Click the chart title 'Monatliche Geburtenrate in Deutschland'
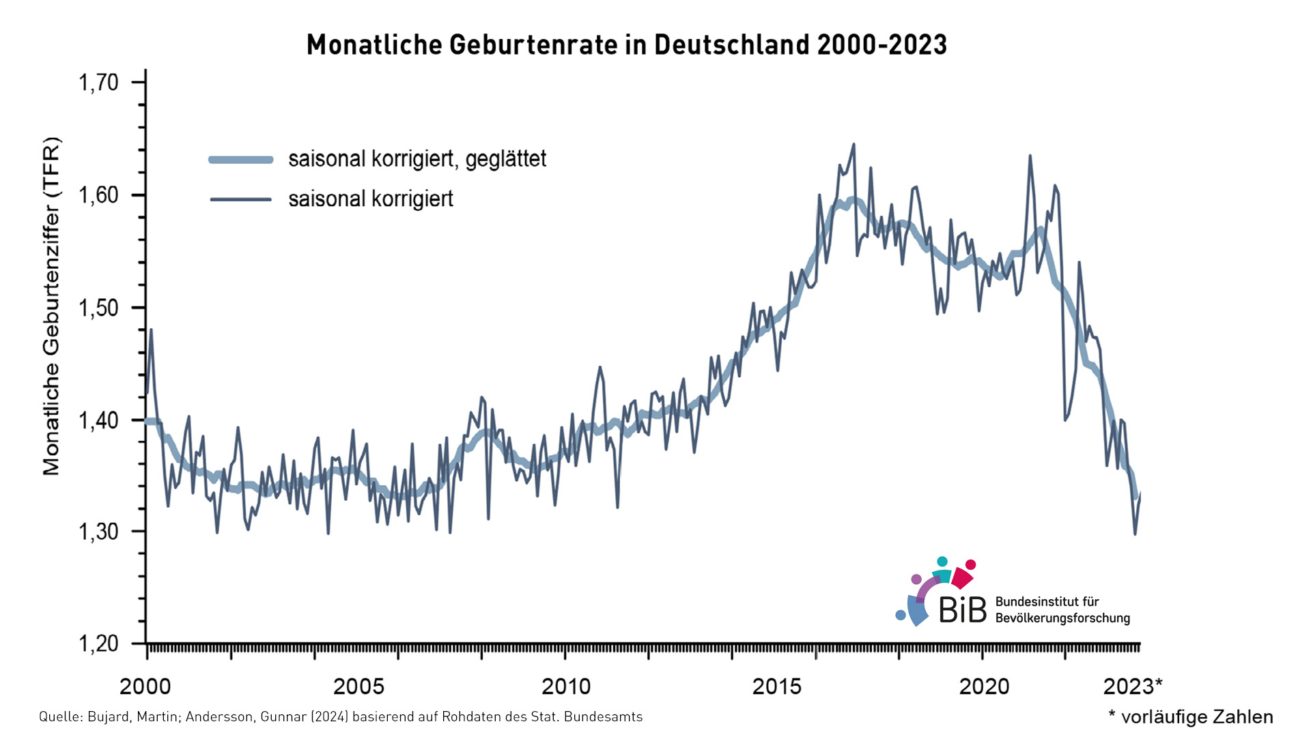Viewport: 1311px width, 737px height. [626, 45]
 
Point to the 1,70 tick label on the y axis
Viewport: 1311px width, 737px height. [99, 83]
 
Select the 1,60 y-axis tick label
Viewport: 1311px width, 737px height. [99, 195]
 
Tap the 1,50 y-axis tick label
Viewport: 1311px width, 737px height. [99, 308]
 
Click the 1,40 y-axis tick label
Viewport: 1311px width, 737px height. [99, 420]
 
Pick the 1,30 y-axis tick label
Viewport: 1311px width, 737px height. [99, 532]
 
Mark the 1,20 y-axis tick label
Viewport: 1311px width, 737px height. [99, 644]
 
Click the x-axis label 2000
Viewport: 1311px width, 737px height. [145, 687]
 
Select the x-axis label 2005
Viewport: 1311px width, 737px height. [359, 687]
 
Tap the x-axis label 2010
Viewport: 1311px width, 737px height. [566, 687]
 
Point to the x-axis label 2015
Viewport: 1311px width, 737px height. [776, 687]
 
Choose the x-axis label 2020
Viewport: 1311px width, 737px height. [984, 687]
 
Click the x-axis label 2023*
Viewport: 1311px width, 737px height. [1132, 687]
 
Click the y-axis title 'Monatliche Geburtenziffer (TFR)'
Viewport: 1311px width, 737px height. [52, 306]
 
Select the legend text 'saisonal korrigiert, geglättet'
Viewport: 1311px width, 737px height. [417, 159]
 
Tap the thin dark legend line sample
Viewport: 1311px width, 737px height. [240, 199]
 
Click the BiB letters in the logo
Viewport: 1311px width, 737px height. [963, 609]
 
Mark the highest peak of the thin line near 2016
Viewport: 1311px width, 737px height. [854, 145]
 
